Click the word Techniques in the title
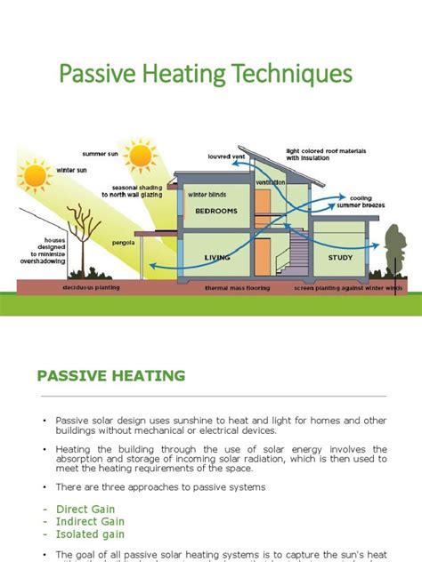pos(290,73)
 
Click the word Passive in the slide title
pos(100,73)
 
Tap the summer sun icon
pos(140,157)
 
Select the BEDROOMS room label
pos(215,212)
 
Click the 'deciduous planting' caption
pos(92,289)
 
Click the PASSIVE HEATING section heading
pos(110,375)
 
